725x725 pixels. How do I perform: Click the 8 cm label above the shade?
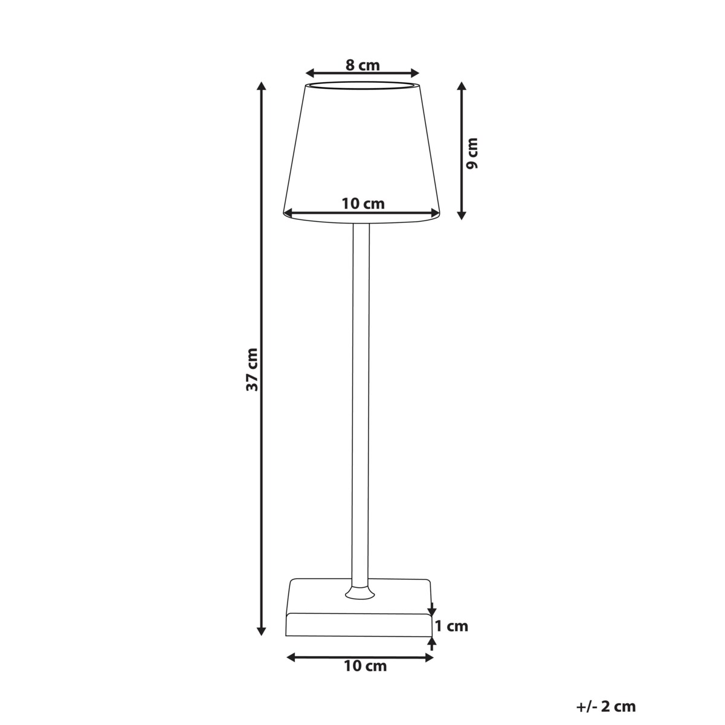click(x=362, y=65)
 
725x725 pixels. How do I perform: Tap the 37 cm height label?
click(x=253, y=369)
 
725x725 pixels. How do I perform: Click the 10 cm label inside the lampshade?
click(x=362, y=203)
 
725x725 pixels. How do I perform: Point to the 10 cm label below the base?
click(x=365, y=666)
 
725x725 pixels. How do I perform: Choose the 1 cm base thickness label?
click(x=451, y=626)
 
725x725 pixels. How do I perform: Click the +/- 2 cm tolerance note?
click(x=606, y=706)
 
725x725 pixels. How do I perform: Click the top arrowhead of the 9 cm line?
click(x=462, y=86)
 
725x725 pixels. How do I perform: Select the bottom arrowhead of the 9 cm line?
click(x=462, y=214)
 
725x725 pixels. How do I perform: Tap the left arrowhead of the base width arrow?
click(x=290, y=656)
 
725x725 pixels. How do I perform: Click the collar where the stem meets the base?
click(x=359, y=591)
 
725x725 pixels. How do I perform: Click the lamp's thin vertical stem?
click(x=359, y=399)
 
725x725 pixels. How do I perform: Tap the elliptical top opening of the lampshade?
click(x=362, y=85)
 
